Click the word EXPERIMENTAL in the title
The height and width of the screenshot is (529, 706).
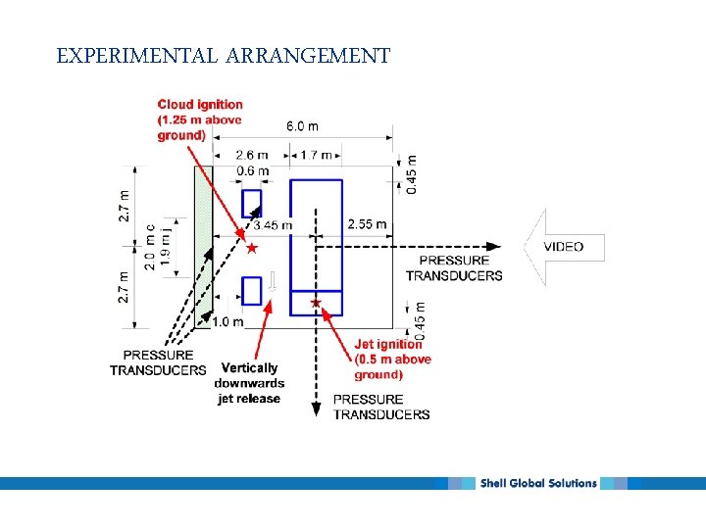pyautogui.click(x=137, y=56)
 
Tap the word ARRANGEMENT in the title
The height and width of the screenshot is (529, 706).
pyautogui.click(x=308, y=56)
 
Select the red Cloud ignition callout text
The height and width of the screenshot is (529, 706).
pyautogui.click(x=200, y=120)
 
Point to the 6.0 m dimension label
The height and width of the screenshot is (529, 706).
pyautogui.click(x=302, y=125)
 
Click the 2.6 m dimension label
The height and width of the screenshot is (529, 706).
pyautogui.click(x=254, y=155)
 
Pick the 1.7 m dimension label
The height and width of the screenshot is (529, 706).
pyautogui.click(x=316, y=155)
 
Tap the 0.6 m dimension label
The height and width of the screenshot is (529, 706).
pyautogui.click(x=253, y=171)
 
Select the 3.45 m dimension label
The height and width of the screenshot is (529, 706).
pyautogui.click(x=274, y=224)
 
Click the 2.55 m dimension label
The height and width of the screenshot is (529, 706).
pyautogui.click(x=367, y=224)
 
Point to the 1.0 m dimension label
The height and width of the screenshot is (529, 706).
pyautogui.click(x=227, y=321)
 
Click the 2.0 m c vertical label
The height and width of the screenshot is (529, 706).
pyautogui.click(x=150, y=248)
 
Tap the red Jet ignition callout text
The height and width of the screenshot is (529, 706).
pyautogui.click(x=392, y=359)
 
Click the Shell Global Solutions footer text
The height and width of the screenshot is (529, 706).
pyautogui.click(x=537, y=483)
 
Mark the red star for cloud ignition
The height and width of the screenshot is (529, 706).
pyautogui.click(x=251, y=250)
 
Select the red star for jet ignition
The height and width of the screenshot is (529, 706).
pyautogui.click(x=315, y=303)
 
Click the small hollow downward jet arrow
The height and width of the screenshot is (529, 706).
pyautogui.click(x=272, y=282)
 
